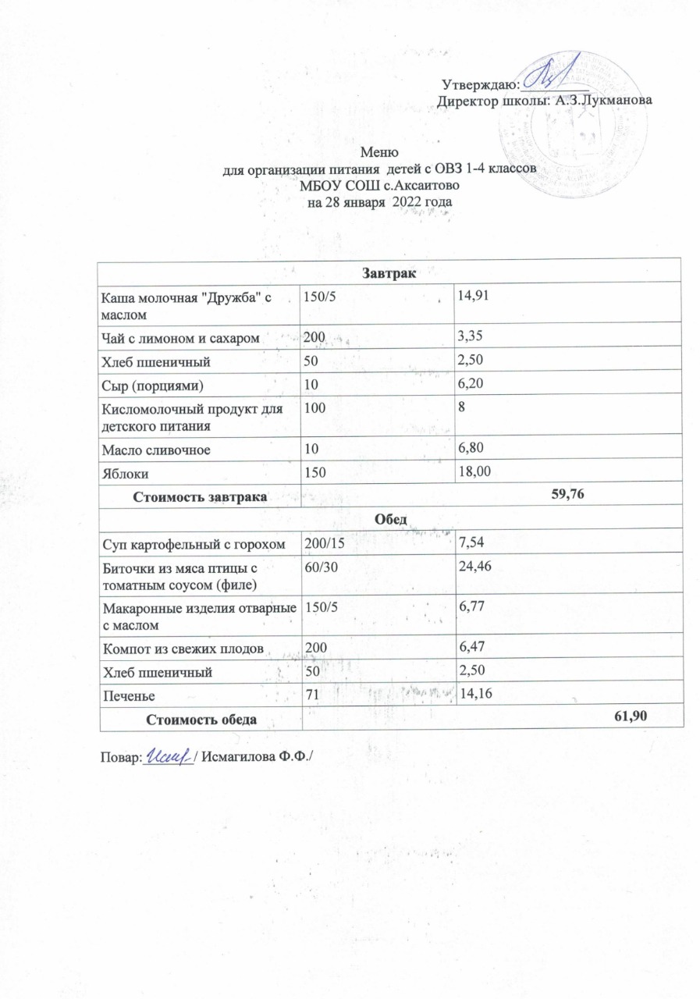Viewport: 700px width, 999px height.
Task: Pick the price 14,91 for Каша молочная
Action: [x=474, y=295]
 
